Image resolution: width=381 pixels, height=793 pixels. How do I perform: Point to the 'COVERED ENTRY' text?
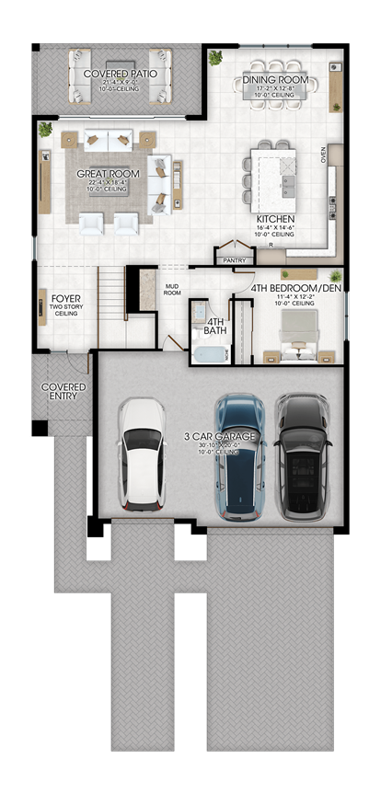pos(63,393)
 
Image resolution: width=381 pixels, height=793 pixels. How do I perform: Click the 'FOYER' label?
pos(65,298)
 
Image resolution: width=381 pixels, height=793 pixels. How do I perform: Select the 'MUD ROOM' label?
pos(171,290)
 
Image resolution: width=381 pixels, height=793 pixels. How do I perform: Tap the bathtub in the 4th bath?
pos(211,355)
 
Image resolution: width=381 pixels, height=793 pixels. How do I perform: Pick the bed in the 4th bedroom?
pos(297,332)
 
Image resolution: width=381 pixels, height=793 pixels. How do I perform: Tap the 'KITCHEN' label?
pos(274,220)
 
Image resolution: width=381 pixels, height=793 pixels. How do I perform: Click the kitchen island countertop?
pos(275,175)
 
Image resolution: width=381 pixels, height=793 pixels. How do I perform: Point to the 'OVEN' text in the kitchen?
pos(323,155)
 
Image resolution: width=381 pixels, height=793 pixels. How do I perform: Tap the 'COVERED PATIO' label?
pos(120,73)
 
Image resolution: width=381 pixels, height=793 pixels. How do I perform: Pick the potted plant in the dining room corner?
pos(216,58)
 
